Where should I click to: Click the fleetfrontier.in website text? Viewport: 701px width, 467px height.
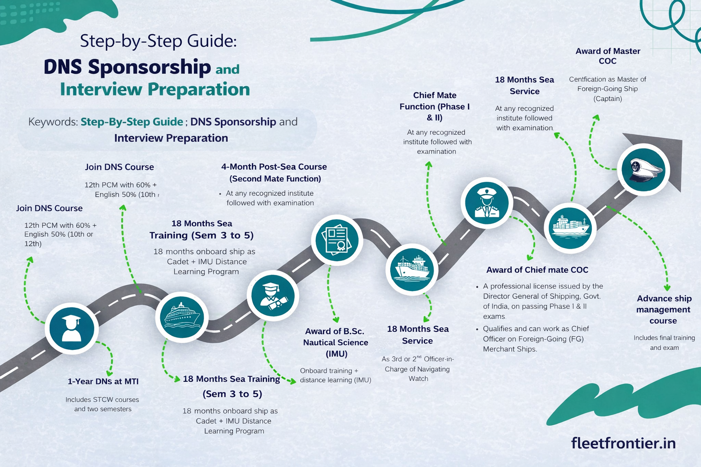623,443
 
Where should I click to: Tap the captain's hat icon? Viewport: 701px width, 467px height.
643,170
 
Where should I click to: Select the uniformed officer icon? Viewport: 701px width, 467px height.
487,203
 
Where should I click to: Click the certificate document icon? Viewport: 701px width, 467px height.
337,240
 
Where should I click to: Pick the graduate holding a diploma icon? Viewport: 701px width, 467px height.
272,296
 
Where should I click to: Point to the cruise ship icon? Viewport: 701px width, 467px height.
182,317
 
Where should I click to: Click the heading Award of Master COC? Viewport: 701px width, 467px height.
607,56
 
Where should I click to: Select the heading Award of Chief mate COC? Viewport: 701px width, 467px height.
537,270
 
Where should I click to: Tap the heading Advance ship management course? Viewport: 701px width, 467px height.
664,310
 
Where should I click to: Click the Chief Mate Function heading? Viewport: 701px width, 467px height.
434,106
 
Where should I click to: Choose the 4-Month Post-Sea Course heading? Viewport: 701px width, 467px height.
274,173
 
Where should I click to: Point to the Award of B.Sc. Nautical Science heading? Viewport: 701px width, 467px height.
335,342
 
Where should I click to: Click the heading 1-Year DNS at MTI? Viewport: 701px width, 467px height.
103,382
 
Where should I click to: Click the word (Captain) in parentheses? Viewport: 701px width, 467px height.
607,99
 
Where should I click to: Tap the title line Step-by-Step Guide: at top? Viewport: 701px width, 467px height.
158,41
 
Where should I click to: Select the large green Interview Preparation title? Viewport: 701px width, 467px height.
155,89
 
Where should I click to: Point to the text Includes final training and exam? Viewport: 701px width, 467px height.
664,342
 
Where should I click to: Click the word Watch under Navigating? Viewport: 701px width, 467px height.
418,379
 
